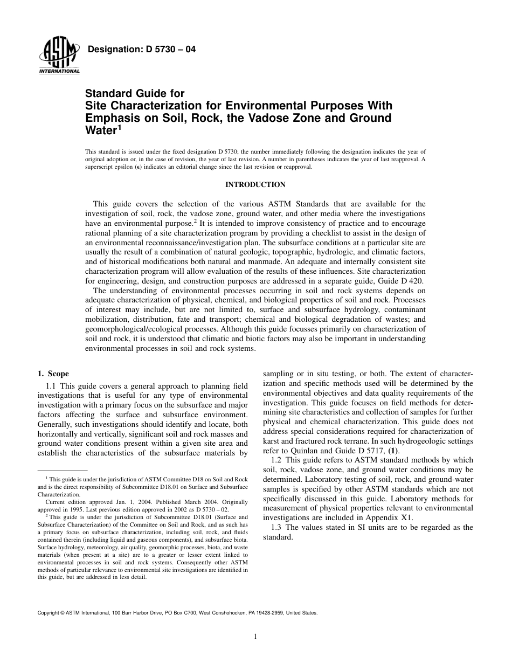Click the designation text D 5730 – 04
(141, 50)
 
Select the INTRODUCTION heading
(255, 185)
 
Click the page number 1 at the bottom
(256, 636)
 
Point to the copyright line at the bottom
(177, 613)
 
